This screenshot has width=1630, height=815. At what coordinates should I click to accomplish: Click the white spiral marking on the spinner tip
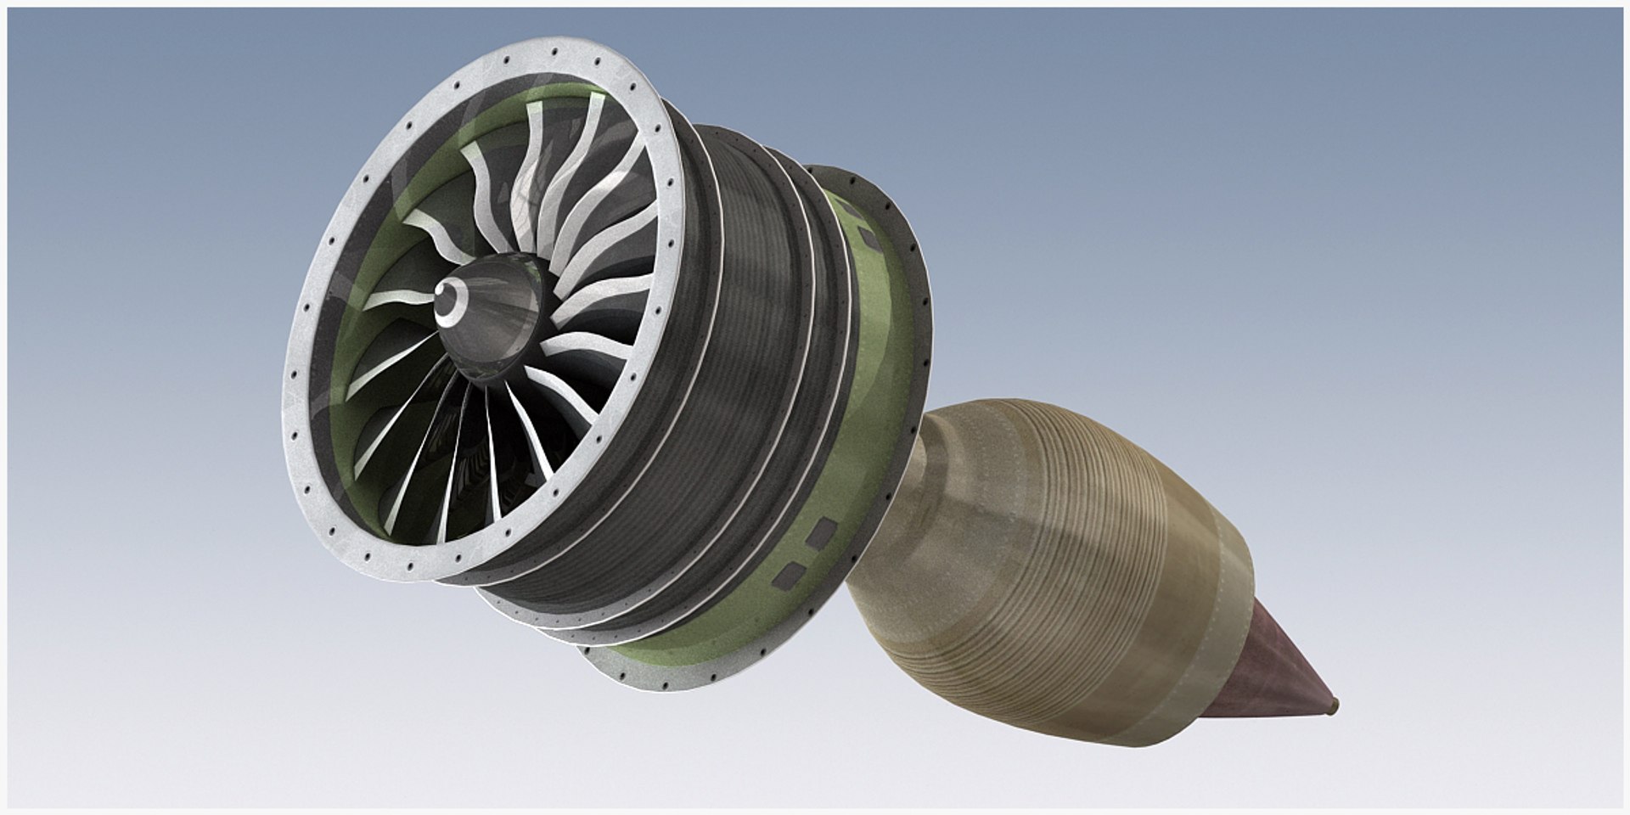click(x=447, y=301)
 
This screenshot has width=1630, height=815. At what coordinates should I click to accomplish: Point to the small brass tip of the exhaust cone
click(x=1336, y=704)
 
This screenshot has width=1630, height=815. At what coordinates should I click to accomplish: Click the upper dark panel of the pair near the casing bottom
click(x=822, y=534)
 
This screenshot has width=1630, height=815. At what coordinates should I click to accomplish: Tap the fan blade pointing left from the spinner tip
click(x=399, y=298)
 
